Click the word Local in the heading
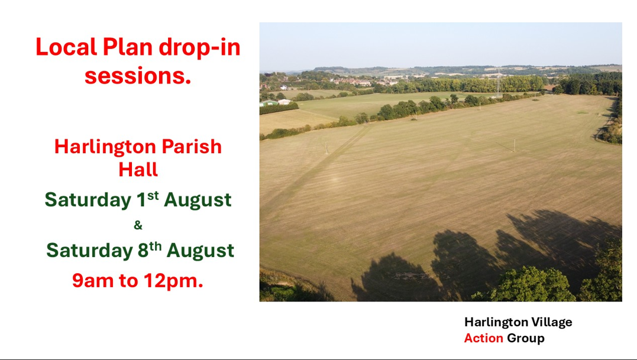(x=67, y=47)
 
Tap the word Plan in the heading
(x=128, y=47)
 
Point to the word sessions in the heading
(x=138, y=76)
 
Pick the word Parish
(x=192, y=147)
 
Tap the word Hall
(x=138, y=169)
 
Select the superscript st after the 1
(x=153, y=195)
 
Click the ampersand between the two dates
(x=138, y=225)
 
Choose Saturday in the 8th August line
(x=90, y=251)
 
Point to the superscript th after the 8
(x=155, y=246)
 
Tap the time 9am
(x=93, y=281)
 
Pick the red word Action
(x=484, y=338)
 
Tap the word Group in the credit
(x=526, y=339)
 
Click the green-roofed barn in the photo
(x=269, y=103)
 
